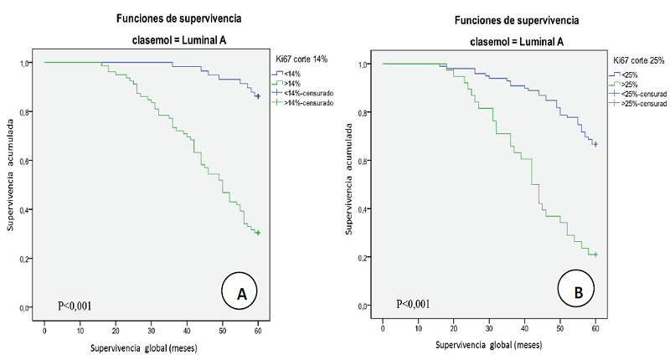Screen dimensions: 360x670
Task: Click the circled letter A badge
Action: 241,293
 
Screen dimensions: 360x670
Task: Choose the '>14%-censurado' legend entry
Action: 310,102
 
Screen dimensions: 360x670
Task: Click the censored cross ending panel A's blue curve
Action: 258,96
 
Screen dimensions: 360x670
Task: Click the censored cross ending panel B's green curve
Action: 595,255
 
